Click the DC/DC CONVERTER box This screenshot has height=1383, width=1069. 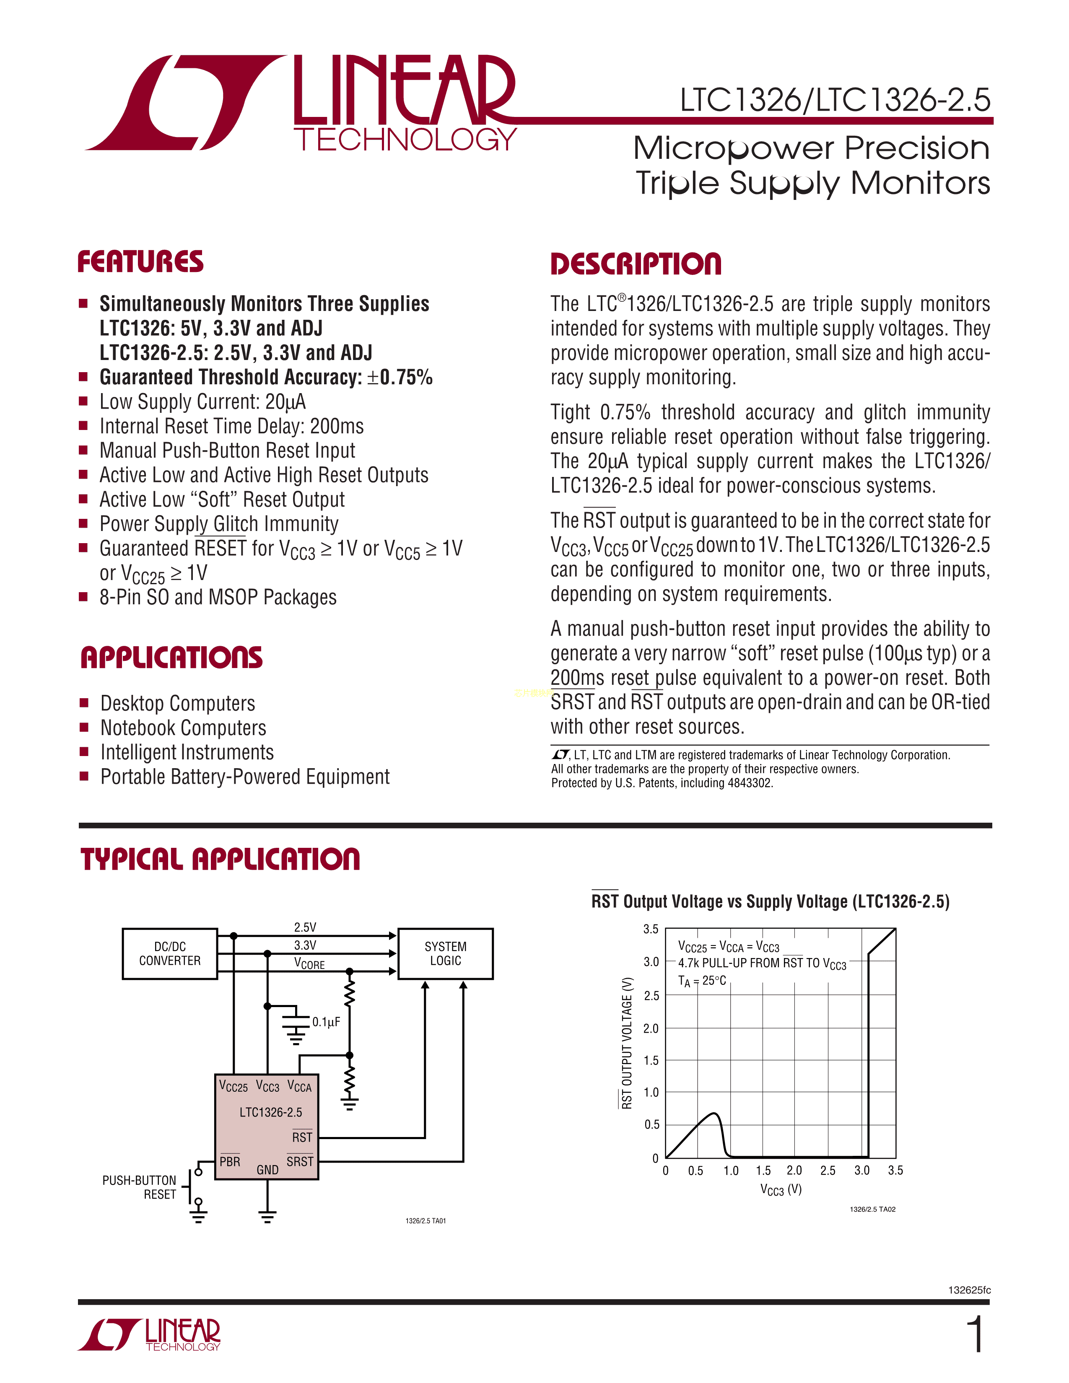pyautogui.click(x=170, y=954)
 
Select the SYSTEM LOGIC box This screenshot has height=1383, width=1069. pyautogui.click(x=445, y=954)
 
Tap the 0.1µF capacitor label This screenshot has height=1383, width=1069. pyautogui.click(x=326, y=1022)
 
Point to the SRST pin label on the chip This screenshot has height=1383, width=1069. pyautogui.click(x=300, y=1161)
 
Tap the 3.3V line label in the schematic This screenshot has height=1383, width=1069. pyautogui.click(x=305, y=945)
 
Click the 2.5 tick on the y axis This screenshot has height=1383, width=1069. pyautogui.click(x=651, y=995)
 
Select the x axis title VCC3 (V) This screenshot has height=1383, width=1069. pyautogui.click(x=781, y=1190)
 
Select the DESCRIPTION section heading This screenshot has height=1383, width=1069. pyautogui.click(x=636, y=264)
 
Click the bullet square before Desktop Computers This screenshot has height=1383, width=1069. pyautogui.click(x=83, y=703)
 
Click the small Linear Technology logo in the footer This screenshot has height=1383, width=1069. pyautogui.click(x=150, y=1334)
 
